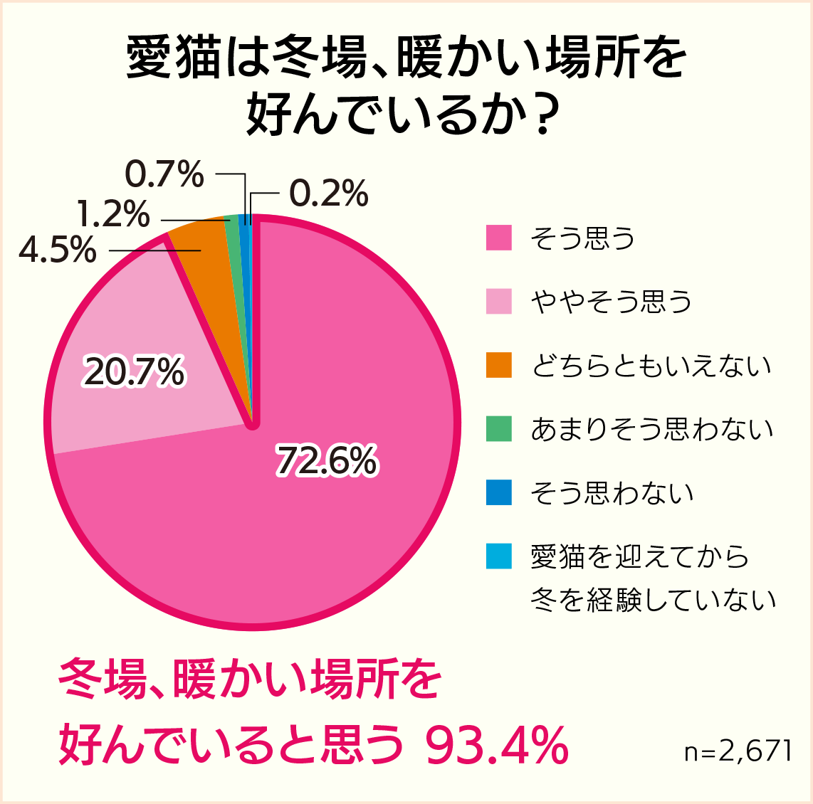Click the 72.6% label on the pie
coord(326,461)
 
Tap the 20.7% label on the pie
coord(134,373)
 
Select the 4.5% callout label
coord(58,250)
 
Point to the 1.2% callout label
coord(114,214)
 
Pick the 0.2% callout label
coord(329,194)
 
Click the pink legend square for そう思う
coord(499,238)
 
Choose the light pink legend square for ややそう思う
coord(499,302)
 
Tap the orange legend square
coord(499,366)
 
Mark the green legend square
coord(499,429)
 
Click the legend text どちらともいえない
coord(651,366)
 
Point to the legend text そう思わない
coord(612,493)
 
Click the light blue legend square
coord(499,556)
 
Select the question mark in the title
coord(543,115)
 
